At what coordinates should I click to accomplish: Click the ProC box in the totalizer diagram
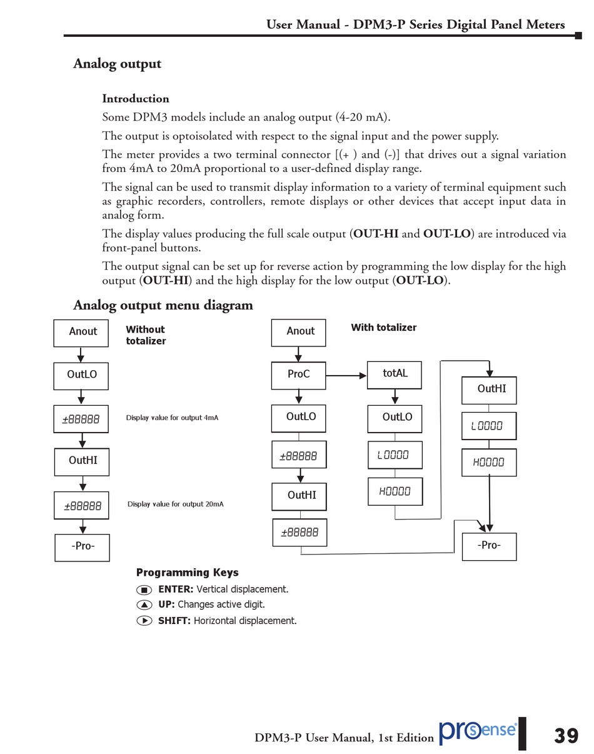coord(298,375)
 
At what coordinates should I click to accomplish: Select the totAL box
coord(394,374)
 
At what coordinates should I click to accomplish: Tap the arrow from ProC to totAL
coord(346,376)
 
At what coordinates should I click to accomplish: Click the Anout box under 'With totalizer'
coord(298,332)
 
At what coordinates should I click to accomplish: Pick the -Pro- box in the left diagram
coord(82,547)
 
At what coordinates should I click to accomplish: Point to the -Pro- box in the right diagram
coord(489,546)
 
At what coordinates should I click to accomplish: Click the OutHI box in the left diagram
coord(81,462)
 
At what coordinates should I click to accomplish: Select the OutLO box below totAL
coord(395,418)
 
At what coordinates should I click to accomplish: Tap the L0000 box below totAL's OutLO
coord(395,455)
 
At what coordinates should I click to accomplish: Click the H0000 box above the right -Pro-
coord(489,463)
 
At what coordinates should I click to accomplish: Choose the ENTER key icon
coord(144,590)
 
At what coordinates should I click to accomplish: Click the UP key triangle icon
coord(144,605)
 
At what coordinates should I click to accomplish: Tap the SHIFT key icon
coord(144,621)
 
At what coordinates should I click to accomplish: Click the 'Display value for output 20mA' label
coord(175,504)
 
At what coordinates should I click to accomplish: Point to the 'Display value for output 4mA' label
coord(172,418)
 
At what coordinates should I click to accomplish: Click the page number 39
coord(566,736)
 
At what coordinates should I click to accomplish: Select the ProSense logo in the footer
coord(478,731)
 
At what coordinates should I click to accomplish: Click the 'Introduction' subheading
coord(136,99)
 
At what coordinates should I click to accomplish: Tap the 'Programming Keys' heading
coord(187,573)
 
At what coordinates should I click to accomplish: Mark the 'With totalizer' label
coord(383,328)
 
